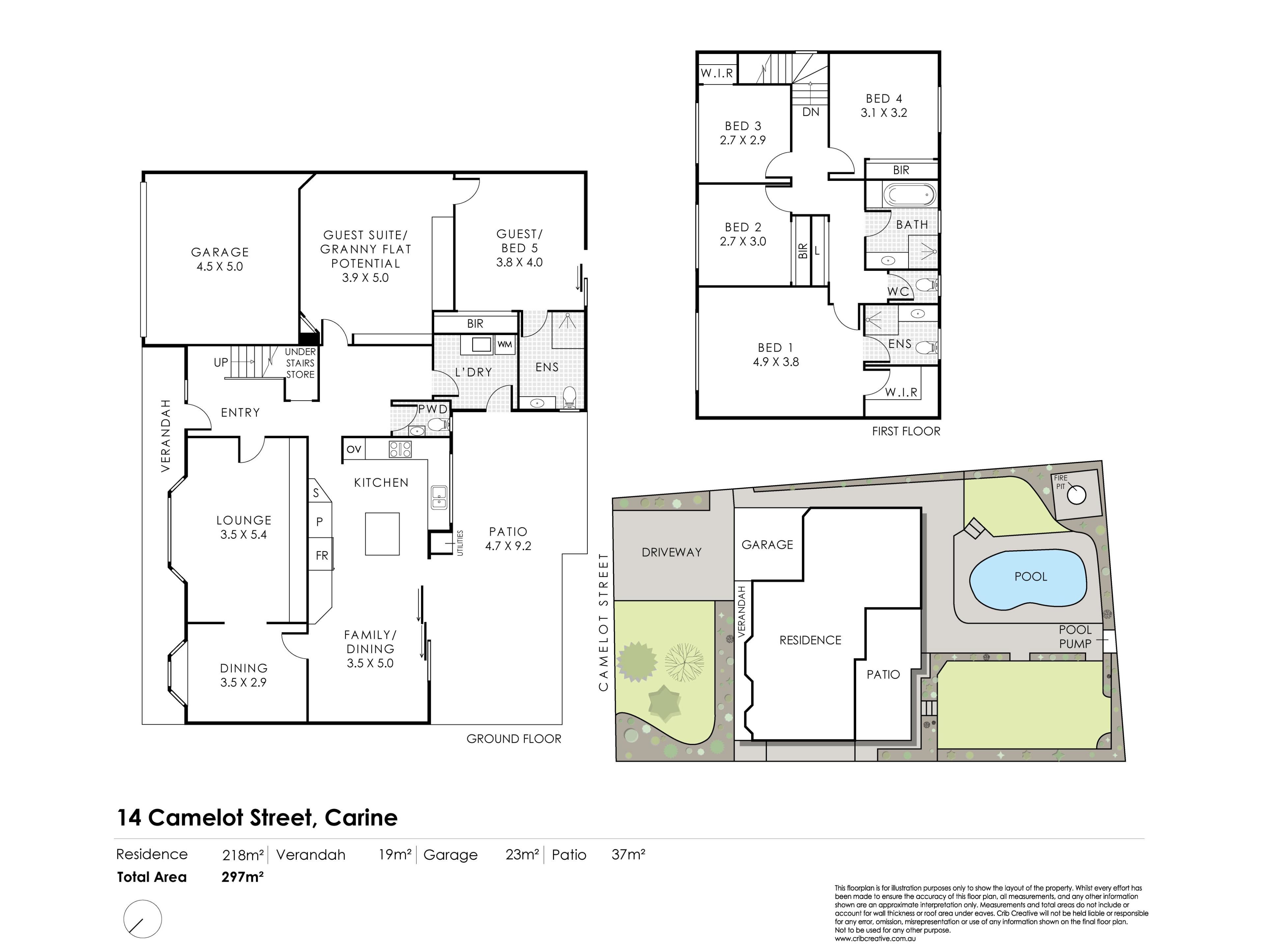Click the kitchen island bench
(x=382, y=534)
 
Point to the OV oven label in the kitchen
(x=354, y=449)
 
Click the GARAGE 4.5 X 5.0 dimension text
(x=220, y=267)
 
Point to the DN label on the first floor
(x=811, y=112)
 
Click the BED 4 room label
(x=884, y=99)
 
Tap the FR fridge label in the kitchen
(x=322, y=556)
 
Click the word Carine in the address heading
(x=361, y=818)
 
